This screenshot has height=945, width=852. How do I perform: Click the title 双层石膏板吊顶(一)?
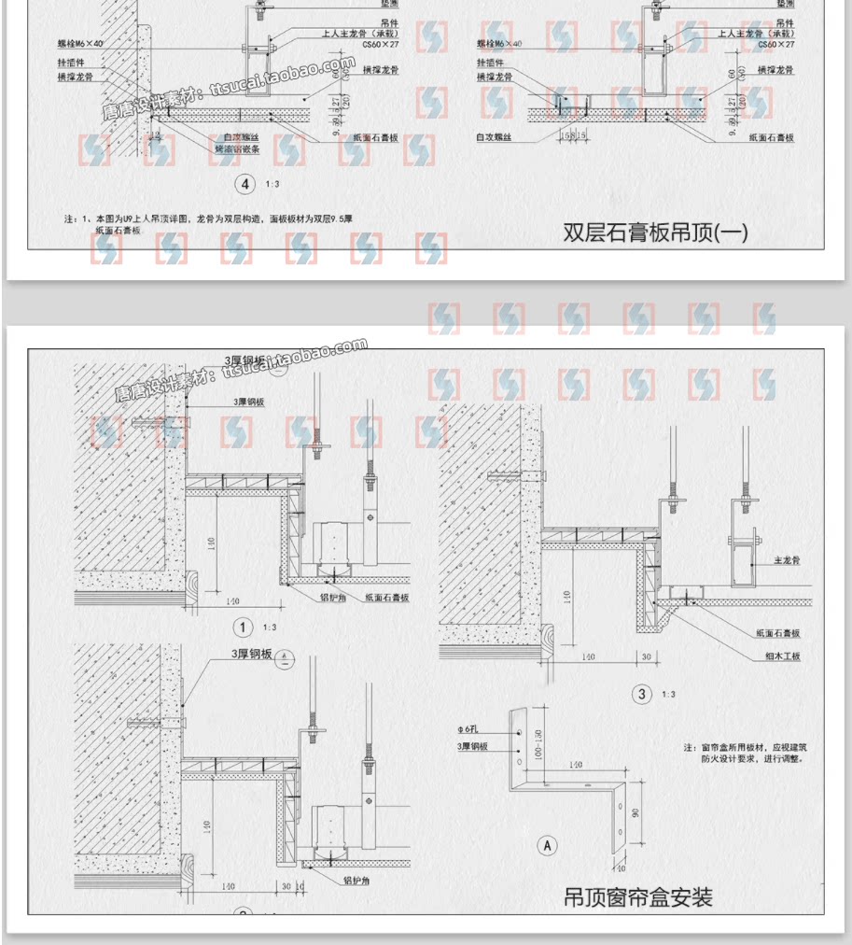pos(655,233)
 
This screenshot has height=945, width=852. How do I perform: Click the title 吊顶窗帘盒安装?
pos(638,897)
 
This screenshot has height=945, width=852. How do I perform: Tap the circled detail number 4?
pos(246,184)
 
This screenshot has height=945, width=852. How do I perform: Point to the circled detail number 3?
pos(641,694)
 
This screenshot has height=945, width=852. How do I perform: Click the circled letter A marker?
pos(548,846)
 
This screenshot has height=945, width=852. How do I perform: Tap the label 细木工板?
pos(782,656)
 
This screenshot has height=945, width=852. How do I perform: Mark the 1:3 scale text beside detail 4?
pos(272,185)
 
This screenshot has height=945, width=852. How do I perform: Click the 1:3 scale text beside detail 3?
pos(668,694)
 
